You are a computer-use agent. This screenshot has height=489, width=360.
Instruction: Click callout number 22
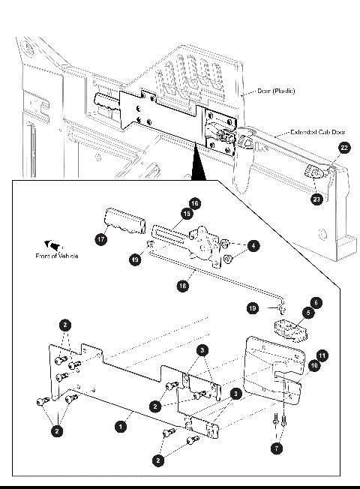tap(343, 148)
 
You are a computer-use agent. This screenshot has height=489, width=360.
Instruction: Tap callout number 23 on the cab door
tap(316, 200)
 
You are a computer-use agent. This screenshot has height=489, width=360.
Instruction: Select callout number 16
tap(193, 203)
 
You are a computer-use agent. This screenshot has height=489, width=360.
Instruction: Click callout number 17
tap(100, 240)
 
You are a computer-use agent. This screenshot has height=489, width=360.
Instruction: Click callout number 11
tap(321, 354)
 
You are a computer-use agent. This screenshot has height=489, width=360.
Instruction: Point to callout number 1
tap(119, 425)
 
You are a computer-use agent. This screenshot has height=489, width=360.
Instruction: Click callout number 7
tap(277, 448)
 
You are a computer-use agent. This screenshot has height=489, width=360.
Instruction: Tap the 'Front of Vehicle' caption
tap(57, 256)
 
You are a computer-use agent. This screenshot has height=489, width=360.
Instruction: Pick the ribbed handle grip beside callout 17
tap(124, 223)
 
